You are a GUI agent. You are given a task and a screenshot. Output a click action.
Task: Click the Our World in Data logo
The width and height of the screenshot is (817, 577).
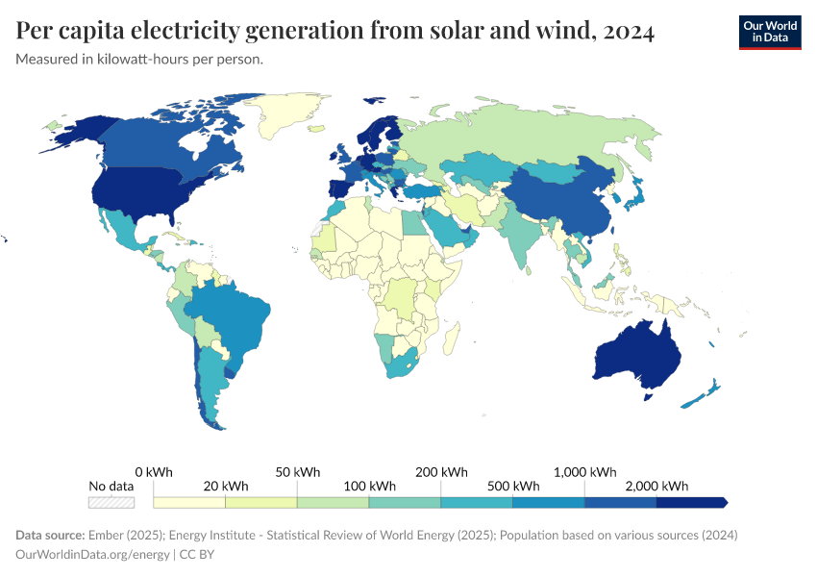(x=769, y=32)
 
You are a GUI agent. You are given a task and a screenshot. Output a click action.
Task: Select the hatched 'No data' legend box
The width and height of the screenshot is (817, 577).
(x=111, y=502)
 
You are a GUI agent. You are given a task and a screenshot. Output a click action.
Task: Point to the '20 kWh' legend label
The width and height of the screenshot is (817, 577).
(x=225, y=486)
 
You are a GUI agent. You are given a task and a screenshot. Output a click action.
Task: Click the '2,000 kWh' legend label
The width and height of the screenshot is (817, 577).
(x=656, y=486)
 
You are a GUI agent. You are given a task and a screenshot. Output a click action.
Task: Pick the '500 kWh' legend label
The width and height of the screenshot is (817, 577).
(x=512, y=486)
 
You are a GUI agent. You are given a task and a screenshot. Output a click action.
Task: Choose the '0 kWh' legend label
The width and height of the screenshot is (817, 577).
(x=154, y=472)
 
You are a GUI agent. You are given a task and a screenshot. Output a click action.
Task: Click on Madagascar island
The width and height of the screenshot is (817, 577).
(x=450, y=336)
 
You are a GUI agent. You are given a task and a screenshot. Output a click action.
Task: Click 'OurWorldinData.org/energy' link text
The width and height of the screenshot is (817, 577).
(x=92, y=554)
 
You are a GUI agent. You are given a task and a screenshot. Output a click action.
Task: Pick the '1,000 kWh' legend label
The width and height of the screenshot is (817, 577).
(x=585, y=472)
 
